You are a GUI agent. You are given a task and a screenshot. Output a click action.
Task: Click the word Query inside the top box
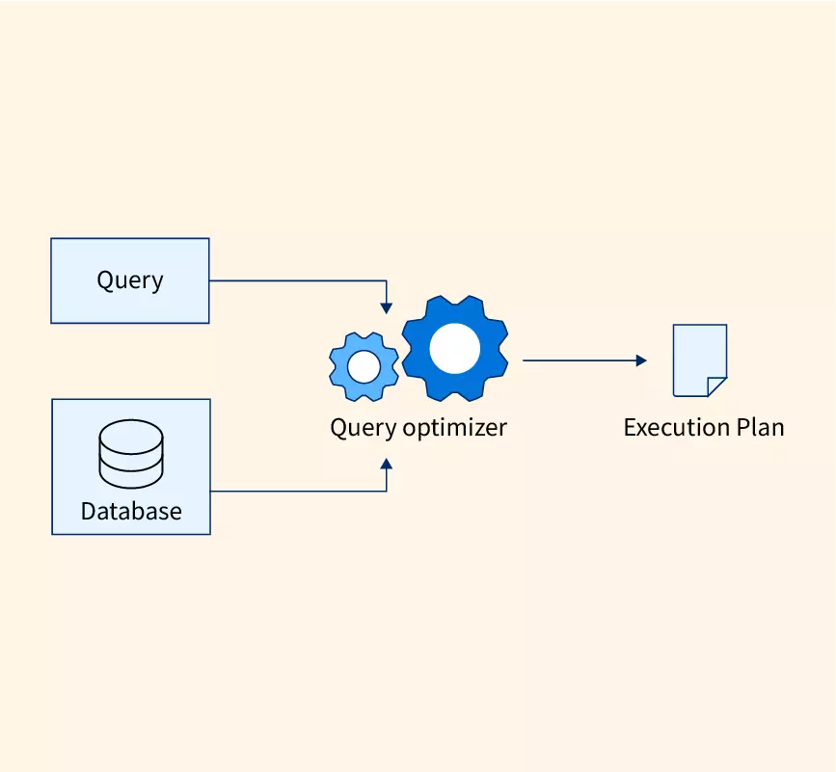129,280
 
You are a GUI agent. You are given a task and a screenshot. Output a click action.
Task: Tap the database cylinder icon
131,454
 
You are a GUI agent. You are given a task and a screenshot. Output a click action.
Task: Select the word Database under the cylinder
131,511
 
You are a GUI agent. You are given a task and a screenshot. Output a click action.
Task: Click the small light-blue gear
364,366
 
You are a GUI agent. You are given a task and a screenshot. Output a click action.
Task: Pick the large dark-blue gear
454,348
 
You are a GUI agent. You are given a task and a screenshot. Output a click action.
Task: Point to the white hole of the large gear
454,348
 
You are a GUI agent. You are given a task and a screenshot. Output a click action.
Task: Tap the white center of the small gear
364,366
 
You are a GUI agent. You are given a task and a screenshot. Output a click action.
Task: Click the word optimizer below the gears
454,427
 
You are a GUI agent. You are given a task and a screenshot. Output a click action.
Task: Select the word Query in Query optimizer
364,427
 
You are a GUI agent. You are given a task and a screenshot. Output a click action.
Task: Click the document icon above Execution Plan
698,359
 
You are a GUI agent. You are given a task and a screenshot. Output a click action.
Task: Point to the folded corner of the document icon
717,386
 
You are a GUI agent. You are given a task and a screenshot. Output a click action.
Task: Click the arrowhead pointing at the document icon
641,360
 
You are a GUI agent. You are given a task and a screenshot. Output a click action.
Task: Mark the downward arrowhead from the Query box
387,307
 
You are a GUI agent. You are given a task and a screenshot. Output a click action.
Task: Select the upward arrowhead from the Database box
387,464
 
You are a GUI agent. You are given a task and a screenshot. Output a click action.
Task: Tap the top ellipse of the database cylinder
131,432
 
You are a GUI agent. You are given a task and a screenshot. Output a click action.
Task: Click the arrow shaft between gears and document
579,360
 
